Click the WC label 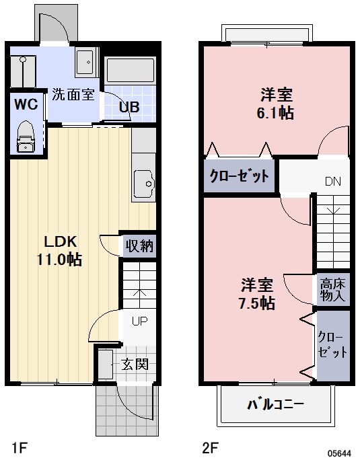[26, 104]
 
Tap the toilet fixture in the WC [26, 137]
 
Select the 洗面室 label [73, 94]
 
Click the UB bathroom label [129, 107]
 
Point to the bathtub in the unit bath [131, 70]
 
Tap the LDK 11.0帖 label [60, 251]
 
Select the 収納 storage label [139, 245]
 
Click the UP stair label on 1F [139, 321]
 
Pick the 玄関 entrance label [135, 365]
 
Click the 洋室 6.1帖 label [276, 104]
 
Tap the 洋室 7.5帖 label [256, 294]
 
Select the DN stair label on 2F [333, 182]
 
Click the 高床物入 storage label [333, 290]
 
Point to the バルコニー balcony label [276, 405]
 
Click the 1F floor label [20, 447]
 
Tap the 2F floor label [210, 447]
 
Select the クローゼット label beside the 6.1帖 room [239, 176]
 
